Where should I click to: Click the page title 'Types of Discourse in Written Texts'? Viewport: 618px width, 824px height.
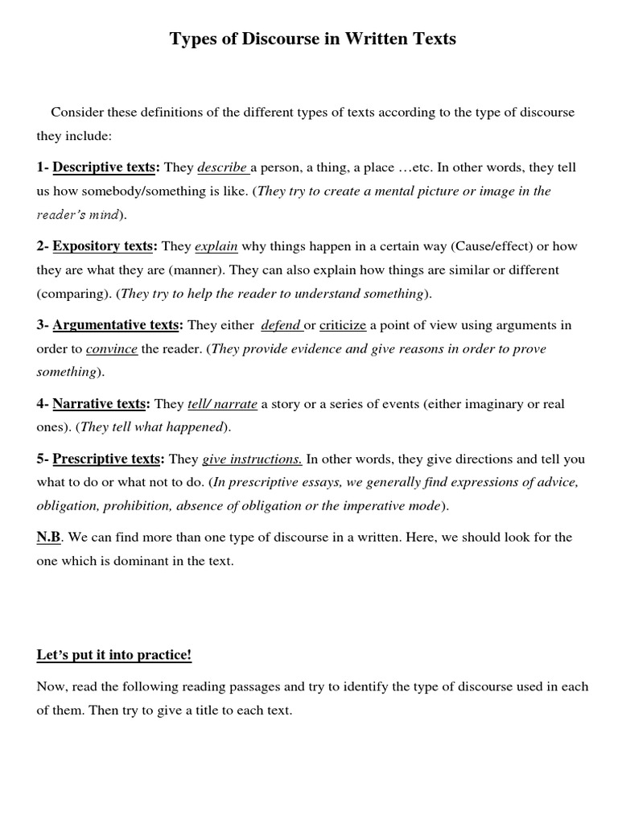(x=313, y=39)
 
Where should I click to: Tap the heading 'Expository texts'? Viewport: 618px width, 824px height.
(x=102, y=246)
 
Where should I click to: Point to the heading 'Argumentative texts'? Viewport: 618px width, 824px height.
(x=115, y=325)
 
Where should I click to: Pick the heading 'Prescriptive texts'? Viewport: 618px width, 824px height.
(x=106, y=459)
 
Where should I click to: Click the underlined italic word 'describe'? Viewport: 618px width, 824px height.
(x=222, y=167)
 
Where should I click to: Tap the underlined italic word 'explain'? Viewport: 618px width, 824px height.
(x=216, y=246)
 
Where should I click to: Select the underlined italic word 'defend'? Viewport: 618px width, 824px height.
(x=281, y=325)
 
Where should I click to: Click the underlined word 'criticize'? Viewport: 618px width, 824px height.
(x=343, y=325)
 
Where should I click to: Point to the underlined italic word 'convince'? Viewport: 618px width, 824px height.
(x=112, y=349)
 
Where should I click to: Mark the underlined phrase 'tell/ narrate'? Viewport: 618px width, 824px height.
(x=222, y=404)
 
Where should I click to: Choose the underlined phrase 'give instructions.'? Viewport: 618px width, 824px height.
(x=252, y=459)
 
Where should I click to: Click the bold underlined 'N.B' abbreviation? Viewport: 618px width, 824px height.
(x=48, y=537)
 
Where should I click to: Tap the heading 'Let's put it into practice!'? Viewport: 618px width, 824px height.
(x=114, y=655)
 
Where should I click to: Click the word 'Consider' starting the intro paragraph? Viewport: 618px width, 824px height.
(x=77, y=112)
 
